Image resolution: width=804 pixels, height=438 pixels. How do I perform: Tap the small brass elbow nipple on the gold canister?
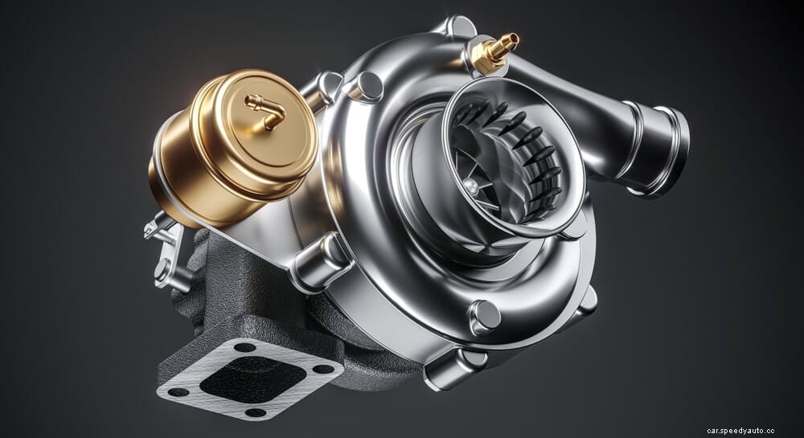point(266,113)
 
